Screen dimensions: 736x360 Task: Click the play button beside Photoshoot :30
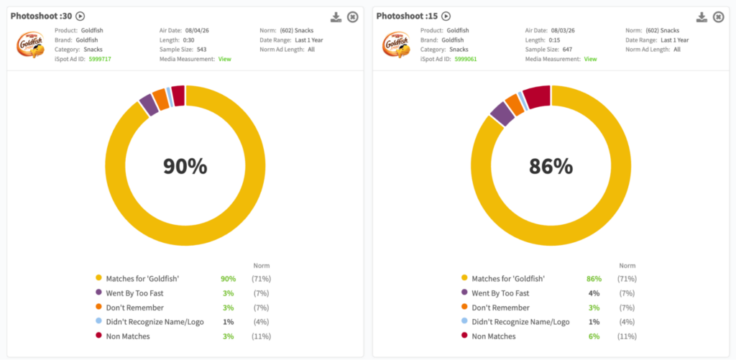click(80, 17)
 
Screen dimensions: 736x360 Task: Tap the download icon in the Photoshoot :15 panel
click(701, 17)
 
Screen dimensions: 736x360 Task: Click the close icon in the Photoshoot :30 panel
click(352, 17)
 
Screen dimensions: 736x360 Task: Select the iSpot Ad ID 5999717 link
click(99, 59)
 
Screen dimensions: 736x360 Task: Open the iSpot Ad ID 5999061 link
click(466, 59)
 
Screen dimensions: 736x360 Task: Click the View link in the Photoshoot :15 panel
click(591, 59)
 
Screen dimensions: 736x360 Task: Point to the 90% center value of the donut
click(185, 166)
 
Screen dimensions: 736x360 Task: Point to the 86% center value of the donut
click(551, 166)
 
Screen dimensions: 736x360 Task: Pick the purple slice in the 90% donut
click(148, 104)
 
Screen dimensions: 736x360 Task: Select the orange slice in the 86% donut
click(515, 104)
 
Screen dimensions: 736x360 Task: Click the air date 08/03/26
click(563, 30)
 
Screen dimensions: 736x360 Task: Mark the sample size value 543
click(201, 50)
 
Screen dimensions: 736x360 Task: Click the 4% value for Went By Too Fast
click(594, 293)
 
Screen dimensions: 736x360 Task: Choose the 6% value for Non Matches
click(594, 336)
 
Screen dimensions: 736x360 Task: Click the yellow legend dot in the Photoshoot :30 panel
click(98, 278)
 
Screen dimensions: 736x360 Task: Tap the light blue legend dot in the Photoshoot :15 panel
click(464, 321)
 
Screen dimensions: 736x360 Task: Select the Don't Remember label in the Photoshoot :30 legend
click(135, 308)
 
